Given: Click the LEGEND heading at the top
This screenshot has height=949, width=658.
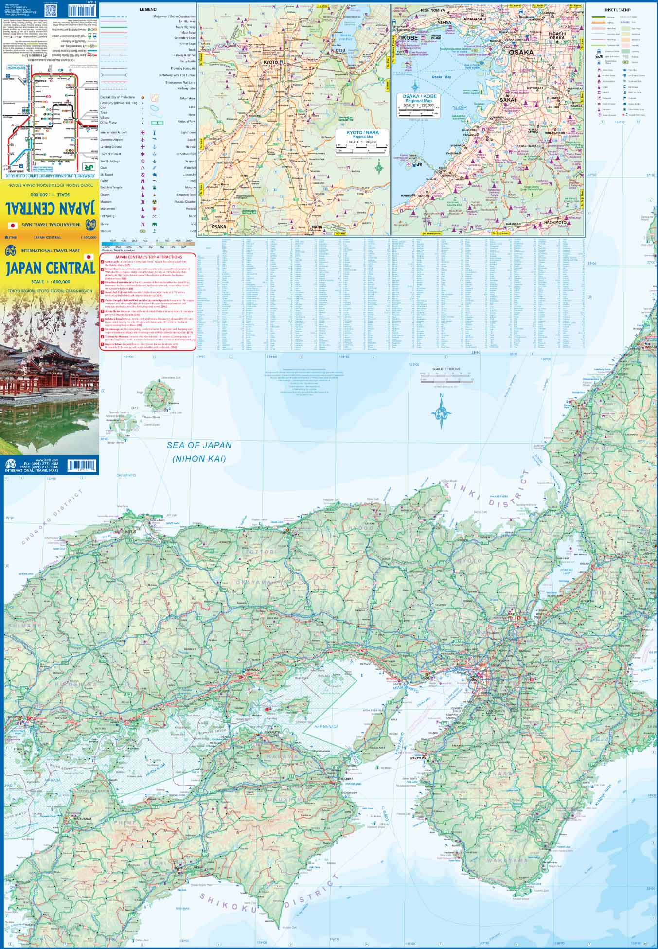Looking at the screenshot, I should pyautogui.click(x=148, y=9).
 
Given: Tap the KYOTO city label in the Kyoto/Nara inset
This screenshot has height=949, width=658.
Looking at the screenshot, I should pyautogui.click(x=270, y=63).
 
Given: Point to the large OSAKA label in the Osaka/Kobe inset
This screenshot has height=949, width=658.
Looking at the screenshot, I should pyautogui.click(x=521, y=52).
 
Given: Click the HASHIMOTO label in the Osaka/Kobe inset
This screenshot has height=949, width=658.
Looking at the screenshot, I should pyautogui.click(x=555, y=222).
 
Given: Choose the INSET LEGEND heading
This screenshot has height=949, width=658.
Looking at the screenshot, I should pyautogui.click(x=618, y=10).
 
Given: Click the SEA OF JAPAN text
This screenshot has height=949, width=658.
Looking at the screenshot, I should pyautogui.click(x=199, y=445).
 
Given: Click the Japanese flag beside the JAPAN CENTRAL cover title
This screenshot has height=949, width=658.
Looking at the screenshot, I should pyautogui.click(x=89, y=257).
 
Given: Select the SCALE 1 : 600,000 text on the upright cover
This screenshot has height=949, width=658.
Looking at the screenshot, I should pyautogui.click(x=50, y=282).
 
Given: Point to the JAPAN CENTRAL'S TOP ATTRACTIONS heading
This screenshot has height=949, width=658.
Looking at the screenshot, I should pyautogui.click(x=148, y=257).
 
